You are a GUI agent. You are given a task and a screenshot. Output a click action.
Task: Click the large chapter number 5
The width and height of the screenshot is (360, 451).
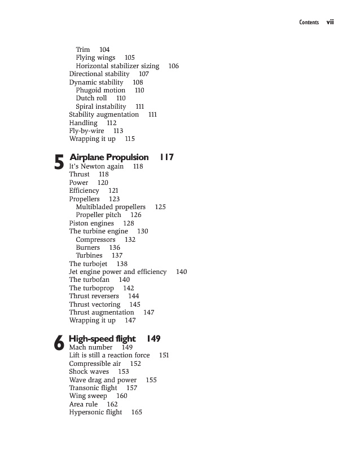pyautogui.click(x=59, y=163)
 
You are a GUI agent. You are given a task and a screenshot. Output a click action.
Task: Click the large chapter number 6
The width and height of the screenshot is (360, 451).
pyautogui.click(x=59, y=344)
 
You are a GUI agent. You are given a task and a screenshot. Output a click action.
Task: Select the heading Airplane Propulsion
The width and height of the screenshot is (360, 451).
pyautogui.click(x=109, y=157)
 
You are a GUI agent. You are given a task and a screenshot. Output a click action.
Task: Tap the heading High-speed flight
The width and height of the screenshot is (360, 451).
pyautogui.click(x=102, y=339)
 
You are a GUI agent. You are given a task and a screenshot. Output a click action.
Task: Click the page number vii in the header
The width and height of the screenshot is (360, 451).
pyautogui.click(x=330, y=23)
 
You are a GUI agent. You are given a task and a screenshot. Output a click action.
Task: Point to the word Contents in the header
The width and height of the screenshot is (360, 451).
pyautogui.click(x=309, y=23)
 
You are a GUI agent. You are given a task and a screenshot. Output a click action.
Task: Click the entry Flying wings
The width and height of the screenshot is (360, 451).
pyautogui.click(x=95, y=58)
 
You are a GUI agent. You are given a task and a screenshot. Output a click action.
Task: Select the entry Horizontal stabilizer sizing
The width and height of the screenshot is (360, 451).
pyautogui.click(x=117, y=66)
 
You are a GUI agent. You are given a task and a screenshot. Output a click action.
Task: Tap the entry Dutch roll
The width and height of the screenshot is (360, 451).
pyautogui.click(x=91, y=98)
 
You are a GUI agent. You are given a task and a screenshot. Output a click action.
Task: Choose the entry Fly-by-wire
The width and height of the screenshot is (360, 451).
pyautogui.click(x=86, y=131)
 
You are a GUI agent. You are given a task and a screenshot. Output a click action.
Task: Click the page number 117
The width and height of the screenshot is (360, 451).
pyautogui.click(x=166, y=157)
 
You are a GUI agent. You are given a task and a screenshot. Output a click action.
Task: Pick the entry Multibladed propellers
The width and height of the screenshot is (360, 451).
pyautogui.click(x=111, y=207)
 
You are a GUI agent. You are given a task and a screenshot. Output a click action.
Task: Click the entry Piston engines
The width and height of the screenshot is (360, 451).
pyautogui.click(x=91, y=223)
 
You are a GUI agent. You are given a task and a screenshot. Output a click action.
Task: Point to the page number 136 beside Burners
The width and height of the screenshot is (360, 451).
pyautogui.click(x=115, y=247)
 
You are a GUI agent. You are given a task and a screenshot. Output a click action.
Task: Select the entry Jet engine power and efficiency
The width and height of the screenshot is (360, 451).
pyautogui.click(x=118, y=272)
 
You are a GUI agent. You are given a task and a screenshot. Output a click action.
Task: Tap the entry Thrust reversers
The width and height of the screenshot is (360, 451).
pyautogui.click(x=94, y=296)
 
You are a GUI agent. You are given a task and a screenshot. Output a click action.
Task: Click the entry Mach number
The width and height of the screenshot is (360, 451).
pyautogui.click(x=91, y=347)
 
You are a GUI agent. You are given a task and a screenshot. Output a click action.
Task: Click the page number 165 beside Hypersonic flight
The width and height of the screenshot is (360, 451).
pyautogui.click(x=137, y=412)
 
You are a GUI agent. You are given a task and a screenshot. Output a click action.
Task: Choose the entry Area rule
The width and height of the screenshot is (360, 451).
pyautogui.click(x=84, y=404)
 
